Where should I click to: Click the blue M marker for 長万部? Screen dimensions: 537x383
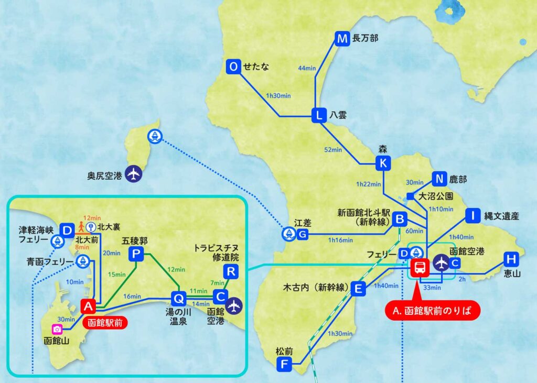point(342,39)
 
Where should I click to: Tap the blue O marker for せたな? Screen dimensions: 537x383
point(234,67)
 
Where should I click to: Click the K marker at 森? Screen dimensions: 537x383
point(383,163)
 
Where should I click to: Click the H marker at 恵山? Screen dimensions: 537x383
point(511,259)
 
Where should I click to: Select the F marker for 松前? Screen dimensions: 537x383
point(284,364)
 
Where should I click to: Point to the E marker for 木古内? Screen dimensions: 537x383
point(359,288)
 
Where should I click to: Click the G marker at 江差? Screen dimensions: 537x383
point(303,235)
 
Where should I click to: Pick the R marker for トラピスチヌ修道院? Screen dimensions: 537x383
point(231,271)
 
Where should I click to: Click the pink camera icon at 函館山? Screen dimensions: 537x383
point(57,329)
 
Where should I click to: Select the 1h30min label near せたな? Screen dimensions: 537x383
point(278,96)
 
